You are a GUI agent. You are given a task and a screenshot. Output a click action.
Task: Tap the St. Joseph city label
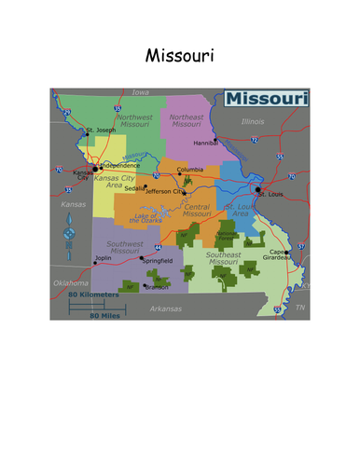click(101, 130)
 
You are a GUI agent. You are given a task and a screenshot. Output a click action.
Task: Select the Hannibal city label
click(204, 144)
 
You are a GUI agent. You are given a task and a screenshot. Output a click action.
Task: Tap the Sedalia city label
click(134, 187)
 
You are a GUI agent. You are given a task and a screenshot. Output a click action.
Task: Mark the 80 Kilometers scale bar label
click(93, 295)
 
